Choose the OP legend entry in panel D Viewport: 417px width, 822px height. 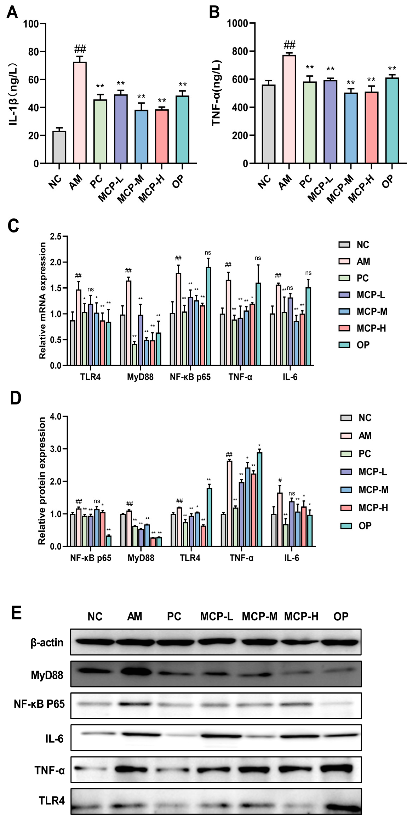pos(356,526)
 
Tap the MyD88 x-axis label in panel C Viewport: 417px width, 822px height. pos(140,377)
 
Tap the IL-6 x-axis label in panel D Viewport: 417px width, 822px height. pos(292,558)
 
